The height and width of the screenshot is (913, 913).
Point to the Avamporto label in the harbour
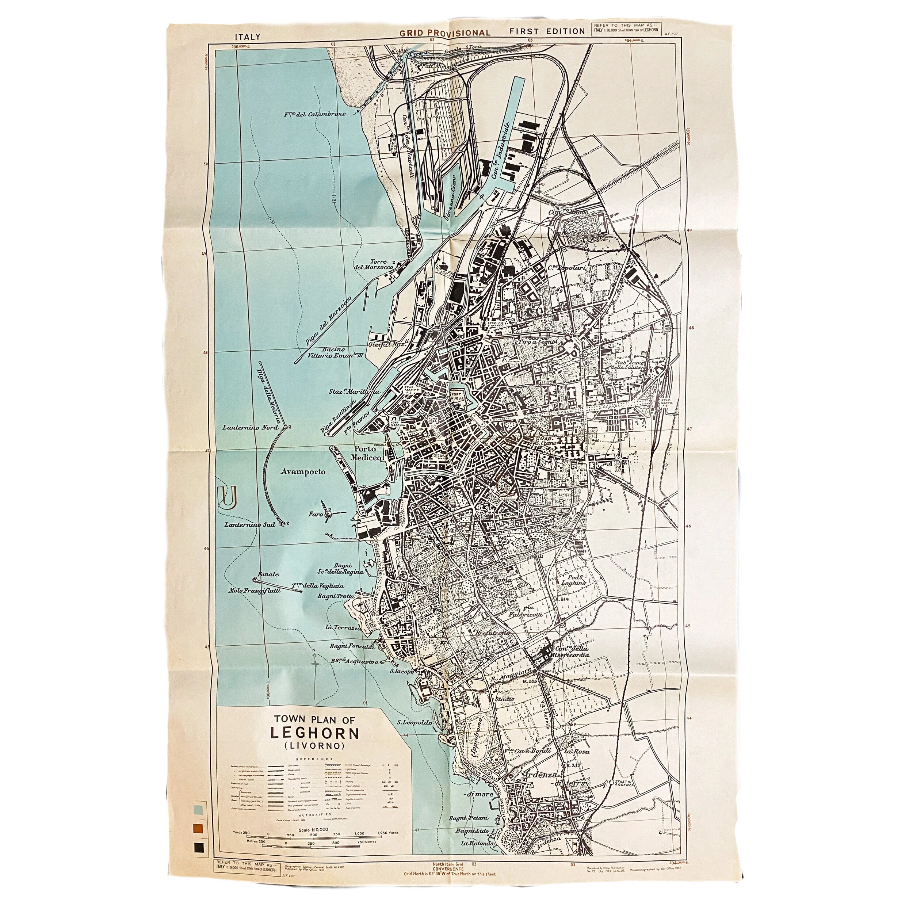(302, 471)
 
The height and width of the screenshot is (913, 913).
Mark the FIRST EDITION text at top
(547, 31)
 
